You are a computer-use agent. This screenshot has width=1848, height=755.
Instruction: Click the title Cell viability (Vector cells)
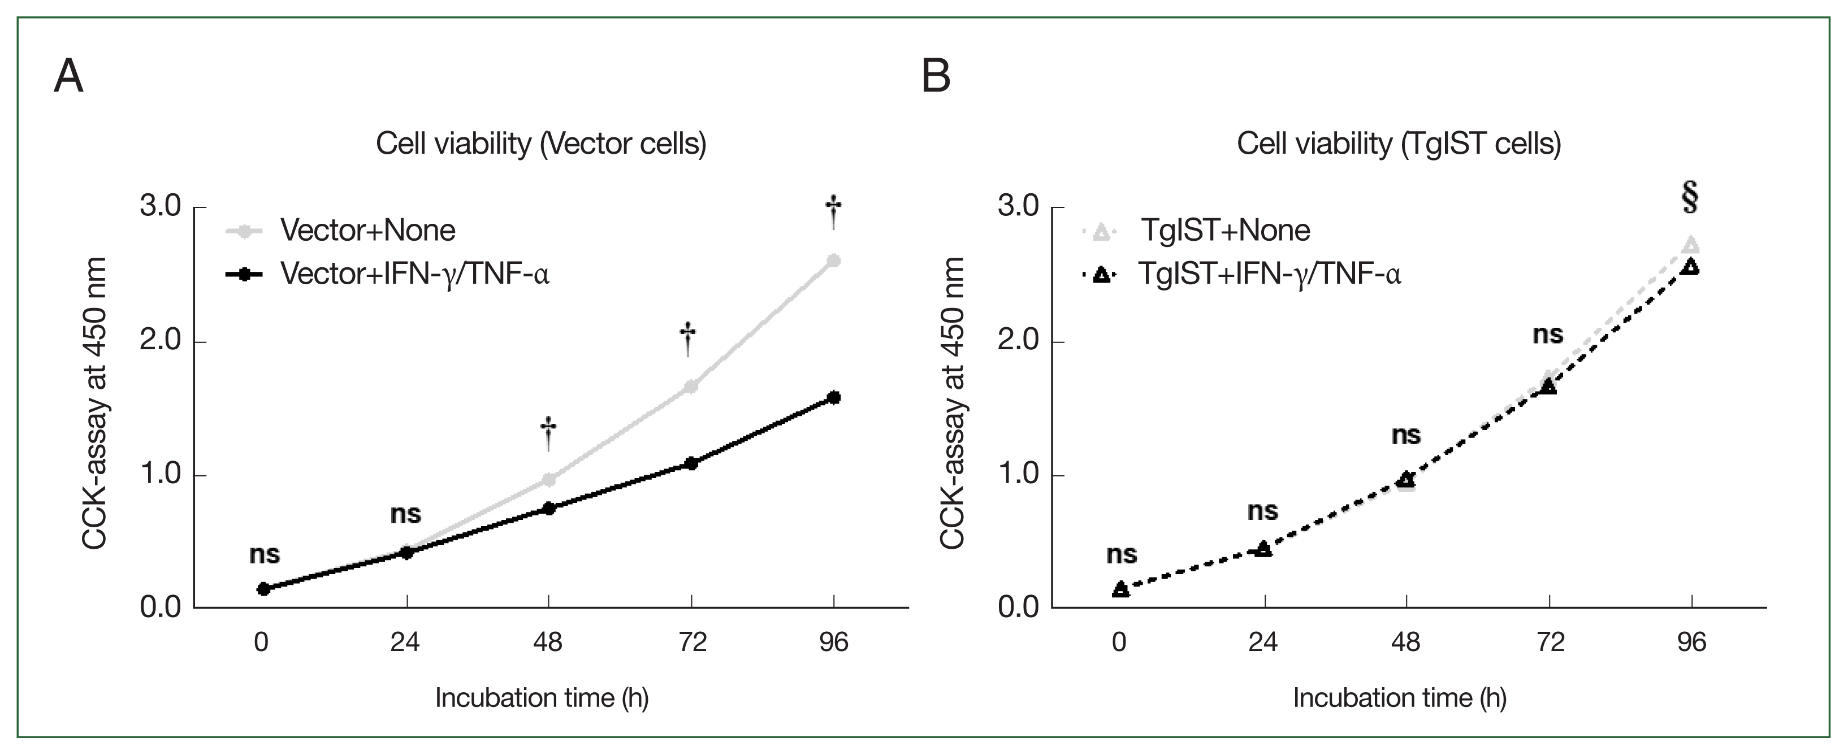(x=541, y=144)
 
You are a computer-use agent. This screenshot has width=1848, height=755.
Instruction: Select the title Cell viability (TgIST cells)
(x=1399, y=144)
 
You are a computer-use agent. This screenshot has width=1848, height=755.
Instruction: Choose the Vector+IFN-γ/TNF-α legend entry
(x=414, y=274)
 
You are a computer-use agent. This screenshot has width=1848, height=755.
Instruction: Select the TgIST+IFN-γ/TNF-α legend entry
(x=1269, y=274)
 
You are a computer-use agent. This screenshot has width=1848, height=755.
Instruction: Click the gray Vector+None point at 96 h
(x=834, y=261)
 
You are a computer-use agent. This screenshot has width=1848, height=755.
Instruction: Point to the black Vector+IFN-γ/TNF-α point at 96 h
(x=834, y=397)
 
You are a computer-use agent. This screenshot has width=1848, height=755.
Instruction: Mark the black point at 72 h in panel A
(x=691, y=463)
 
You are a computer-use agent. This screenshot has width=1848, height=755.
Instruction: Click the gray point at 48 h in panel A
(x=549, y=479)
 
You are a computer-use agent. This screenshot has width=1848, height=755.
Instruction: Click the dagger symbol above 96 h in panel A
(x=833, y=212)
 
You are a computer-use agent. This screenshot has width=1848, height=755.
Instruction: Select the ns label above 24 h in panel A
(x=405, y=514)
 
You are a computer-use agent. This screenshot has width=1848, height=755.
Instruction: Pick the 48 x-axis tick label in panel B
(x=1405, y=642)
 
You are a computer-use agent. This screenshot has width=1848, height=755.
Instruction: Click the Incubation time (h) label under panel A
(x=542, y=697)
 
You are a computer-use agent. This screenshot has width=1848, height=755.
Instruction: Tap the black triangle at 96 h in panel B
(x=1691, y=267)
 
